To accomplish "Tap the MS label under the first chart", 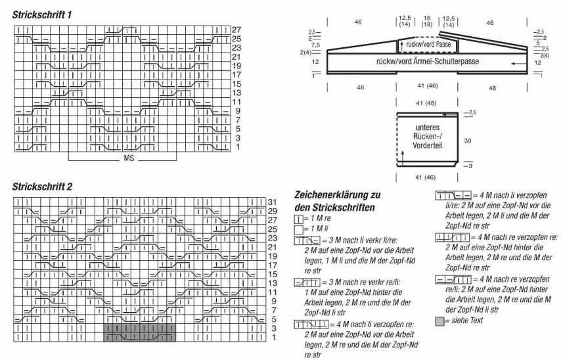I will tap(127, 160).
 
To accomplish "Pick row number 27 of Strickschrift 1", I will tap(237, 30).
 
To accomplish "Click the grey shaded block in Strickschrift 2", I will tap(139, 332).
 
